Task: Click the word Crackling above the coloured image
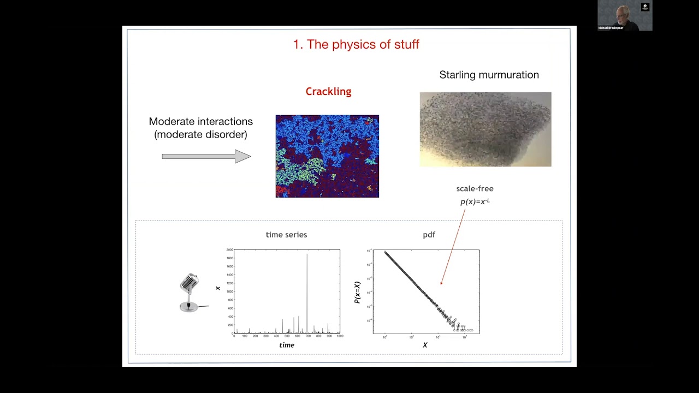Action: pos(328,92)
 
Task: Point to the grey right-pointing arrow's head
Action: pos(244,157)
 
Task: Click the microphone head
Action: pos(189,283)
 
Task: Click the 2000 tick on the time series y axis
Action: pos(229,249)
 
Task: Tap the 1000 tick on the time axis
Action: pos(339,336)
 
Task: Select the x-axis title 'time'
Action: pos(287,345)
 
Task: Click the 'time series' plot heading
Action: pos(286,235)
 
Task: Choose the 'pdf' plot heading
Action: pos(429,235)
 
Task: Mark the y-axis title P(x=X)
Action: pos(357,293)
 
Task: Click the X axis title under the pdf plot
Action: pos(425,345)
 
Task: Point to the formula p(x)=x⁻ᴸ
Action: pos(475,201)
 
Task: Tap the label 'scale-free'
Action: pos(475,188)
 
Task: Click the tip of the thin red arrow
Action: pos(441,284)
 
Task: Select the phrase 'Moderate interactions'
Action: pos(200,121)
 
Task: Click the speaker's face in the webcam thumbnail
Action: pos(624,14)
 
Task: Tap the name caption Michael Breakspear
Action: pos(611,28)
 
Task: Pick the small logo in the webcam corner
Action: pos(645,7)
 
